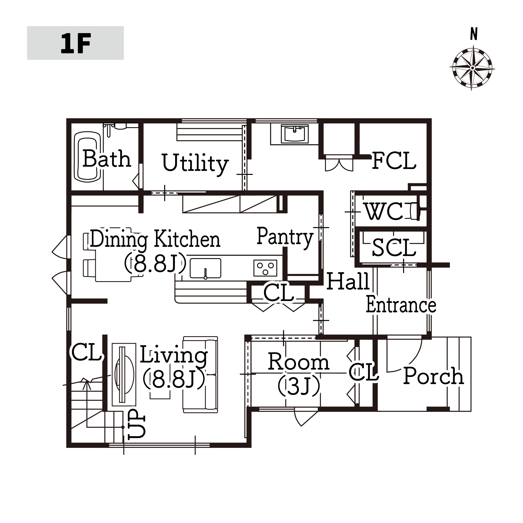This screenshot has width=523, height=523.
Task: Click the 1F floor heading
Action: [76, 43]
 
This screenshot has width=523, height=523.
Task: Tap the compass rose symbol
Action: [472, 68]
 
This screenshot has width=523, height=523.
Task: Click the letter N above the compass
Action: [474, 34]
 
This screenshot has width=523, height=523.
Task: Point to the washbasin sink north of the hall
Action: [295, 134]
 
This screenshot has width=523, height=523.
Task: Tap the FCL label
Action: [394, 161]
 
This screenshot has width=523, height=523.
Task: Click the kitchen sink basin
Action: [205, 268]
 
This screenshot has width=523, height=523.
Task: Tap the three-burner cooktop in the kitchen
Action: [265, 268]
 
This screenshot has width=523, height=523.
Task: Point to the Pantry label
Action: [285, 237]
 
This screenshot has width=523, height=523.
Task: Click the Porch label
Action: [434, 376]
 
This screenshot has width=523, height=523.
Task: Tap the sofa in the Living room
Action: [200, 375]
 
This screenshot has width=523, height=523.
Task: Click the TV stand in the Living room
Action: [124, 374]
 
